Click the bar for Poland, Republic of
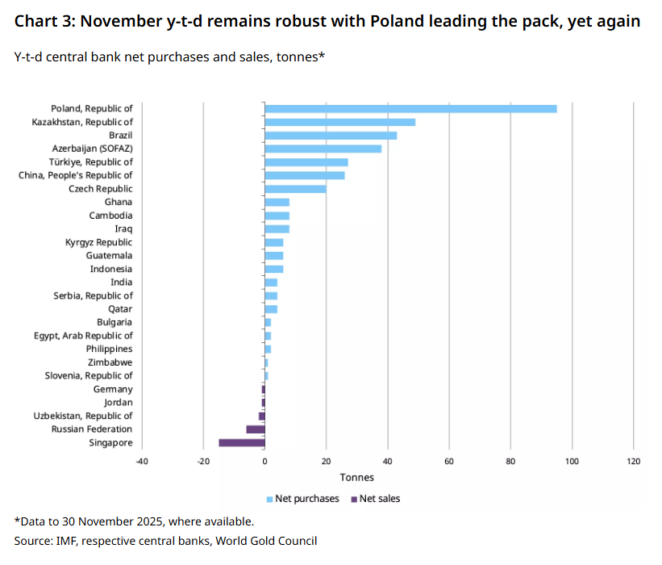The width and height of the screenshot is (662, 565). point(410,108)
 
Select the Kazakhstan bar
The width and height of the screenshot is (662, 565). point(339,122)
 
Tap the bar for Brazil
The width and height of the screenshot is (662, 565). point(331,135)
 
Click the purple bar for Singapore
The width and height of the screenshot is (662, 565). point(241,442)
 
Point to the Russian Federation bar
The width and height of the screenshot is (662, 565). point(255,429)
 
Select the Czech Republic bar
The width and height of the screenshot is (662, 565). point(295,189)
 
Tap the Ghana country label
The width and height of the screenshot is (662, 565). point(119,202)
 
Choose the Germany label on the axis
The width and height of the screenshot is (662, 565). point(113,389)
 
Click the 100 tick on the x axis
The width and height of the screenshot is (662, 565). point(572,461)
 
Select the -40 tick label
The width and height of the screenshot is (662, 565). point(142,461)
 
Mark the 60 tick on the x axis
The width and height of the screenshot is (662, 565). point(448,461)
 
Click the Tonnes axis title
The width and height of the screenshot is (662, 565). point(356,477)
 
